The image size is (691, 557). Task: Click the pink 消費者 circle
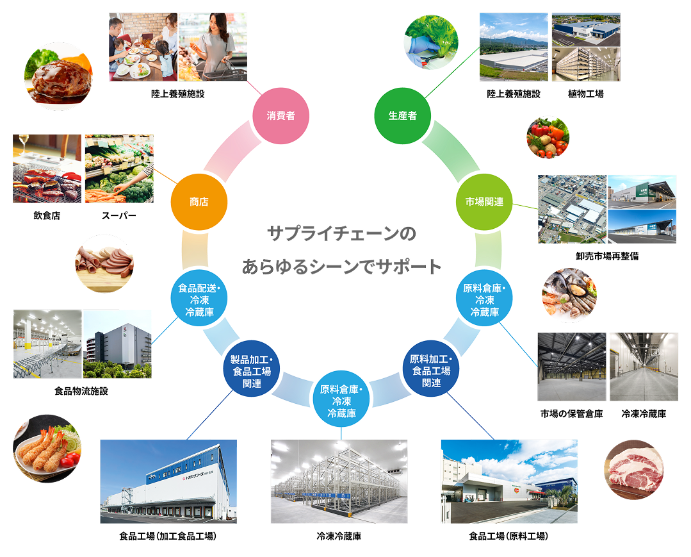tap(280, 115)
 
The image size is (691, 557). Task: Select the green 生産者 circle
tap(402, 115)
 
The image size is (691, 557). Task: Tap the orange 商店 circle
tap(199, 201)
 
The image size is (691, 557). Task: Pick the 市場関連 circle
tap(484, 201)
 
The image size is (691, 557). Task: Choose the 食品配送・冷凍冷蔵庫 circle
tap(199, 298)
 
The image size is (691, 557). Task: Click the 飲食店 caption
tap(47, 215)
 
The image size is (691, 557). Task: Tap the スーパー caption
tap(118, 215)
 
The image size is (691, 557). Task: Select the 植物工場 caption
tap(586, 94)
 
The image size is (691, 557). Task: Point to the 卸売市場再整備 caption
tap(607, 256)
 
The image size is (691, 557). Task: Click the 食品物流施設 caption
tap(81, 391)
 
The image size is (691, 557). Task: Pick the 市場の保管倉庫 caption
tap(572, 413)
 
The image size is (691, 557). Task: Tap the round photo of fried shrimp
tap(47, 448)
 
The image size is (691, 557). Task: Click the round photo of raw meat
tap(634, 469)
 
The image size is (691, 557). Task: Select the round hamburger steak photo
tap(59, 76)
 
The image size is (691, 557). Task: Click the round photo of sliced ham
tap(104, 263)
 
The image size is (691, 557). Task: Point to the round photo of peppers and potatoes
tap(548, 137)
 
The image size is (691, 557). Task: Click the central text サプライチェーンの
tap(341, 233)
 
